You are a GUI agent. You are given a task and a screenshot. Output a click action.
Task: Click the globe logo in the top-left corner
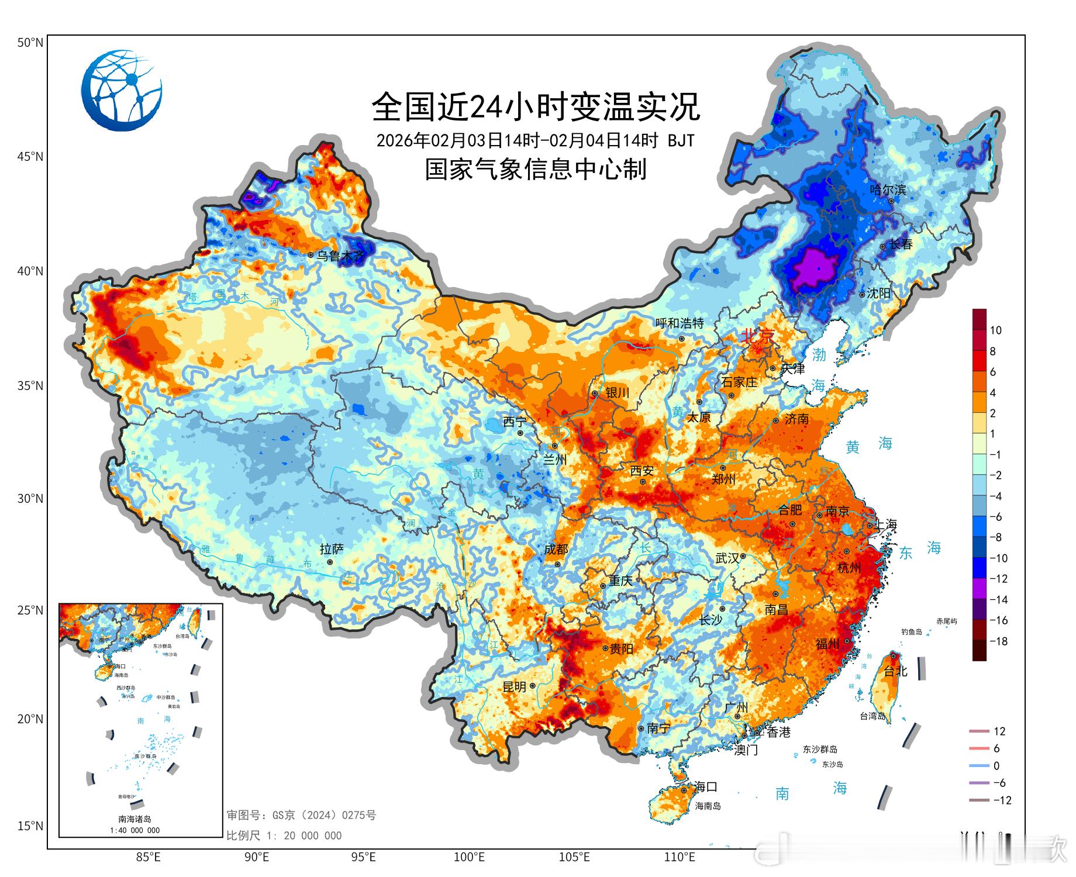pyautogui.click(x=122, y=91)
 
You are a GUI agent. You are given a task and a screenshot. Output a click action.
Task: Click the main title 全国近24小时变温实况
pyautogui.click(x=536, y=107)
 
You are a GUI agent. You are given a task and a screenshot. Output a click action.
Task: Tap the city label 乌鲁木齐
pyautogui.click(x=340, y=255)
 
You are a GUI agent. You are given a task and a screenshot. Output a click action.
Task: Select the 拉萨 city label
pyautogui.click(x=332, y=549)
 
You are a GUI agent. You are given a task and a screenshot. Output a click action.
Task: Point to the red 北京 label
pyautogui.click(x=757, y=336)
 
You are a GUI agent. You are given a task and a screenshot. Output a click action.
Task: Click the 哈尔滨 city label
pyautogui.click(x=887, y=189)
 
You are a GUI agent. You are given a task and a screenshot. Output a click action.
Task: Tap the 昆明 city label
pyautogui.click(x=515, y=687)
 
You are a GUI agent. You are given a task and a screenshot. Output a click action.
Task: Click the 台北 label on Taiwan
pyautogui.click(x=895, y=671)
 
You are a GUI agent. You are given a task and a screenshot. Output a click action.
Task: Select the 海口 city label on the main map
pyautogui.click(x=706, y=786)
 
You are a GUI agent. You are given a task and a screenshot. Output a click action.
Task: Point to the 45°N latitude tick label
pyautogui.click(x=30, y=157)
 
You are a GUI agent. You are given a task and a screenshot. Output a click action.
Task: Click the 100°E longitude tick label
pyautogui.click(x=469, y=858)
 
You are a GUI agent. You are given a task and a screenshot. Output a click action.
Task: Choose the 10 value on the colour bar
pyautogui.click(x=995, y=330)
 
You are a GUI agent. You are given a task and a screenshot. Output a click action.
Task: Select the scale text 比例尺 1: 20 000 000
pyautogui.click(x=284, y=835)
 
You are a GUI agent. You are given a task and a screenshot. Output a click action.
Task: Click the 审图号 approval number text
pyautogui.click(x=301, y=815)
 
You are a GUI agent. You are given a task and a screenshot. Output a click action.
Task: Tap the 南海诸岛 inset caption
pyautogui.click(x=134, y=819)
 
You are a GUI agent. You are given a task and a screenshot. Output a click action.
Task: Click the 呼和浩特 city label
pyautogui.click(x=679, y=323)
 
